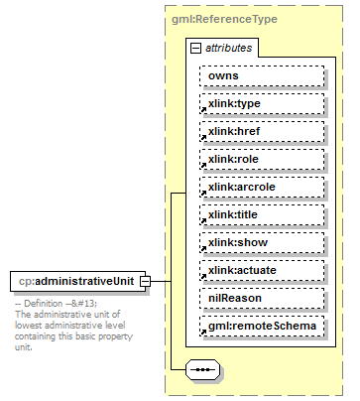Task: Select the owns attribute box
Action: [262, 75]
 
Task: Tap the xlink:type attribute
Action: [262, 103]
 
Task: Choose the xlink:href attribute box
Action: [262, 131]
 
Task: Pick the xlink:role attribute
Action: [262, 159]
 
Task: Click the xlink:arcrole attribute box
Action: [262, 187]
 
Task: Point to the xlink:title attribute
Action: [262, 214]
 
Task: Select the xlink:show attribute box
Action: [262, 242]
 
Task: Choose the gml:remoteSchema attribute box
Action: [262, 326]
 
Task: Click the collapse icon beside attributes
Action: [195, 48]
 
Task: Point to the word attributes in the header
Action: [229, 48]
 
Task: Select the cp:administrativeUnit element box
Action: [76, 281]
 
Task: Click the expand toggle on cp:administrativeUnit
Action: [145, 281]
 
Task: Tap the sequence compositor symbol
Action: [203, 370]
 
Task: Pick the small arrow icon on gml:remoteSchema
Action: [202, 333]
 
